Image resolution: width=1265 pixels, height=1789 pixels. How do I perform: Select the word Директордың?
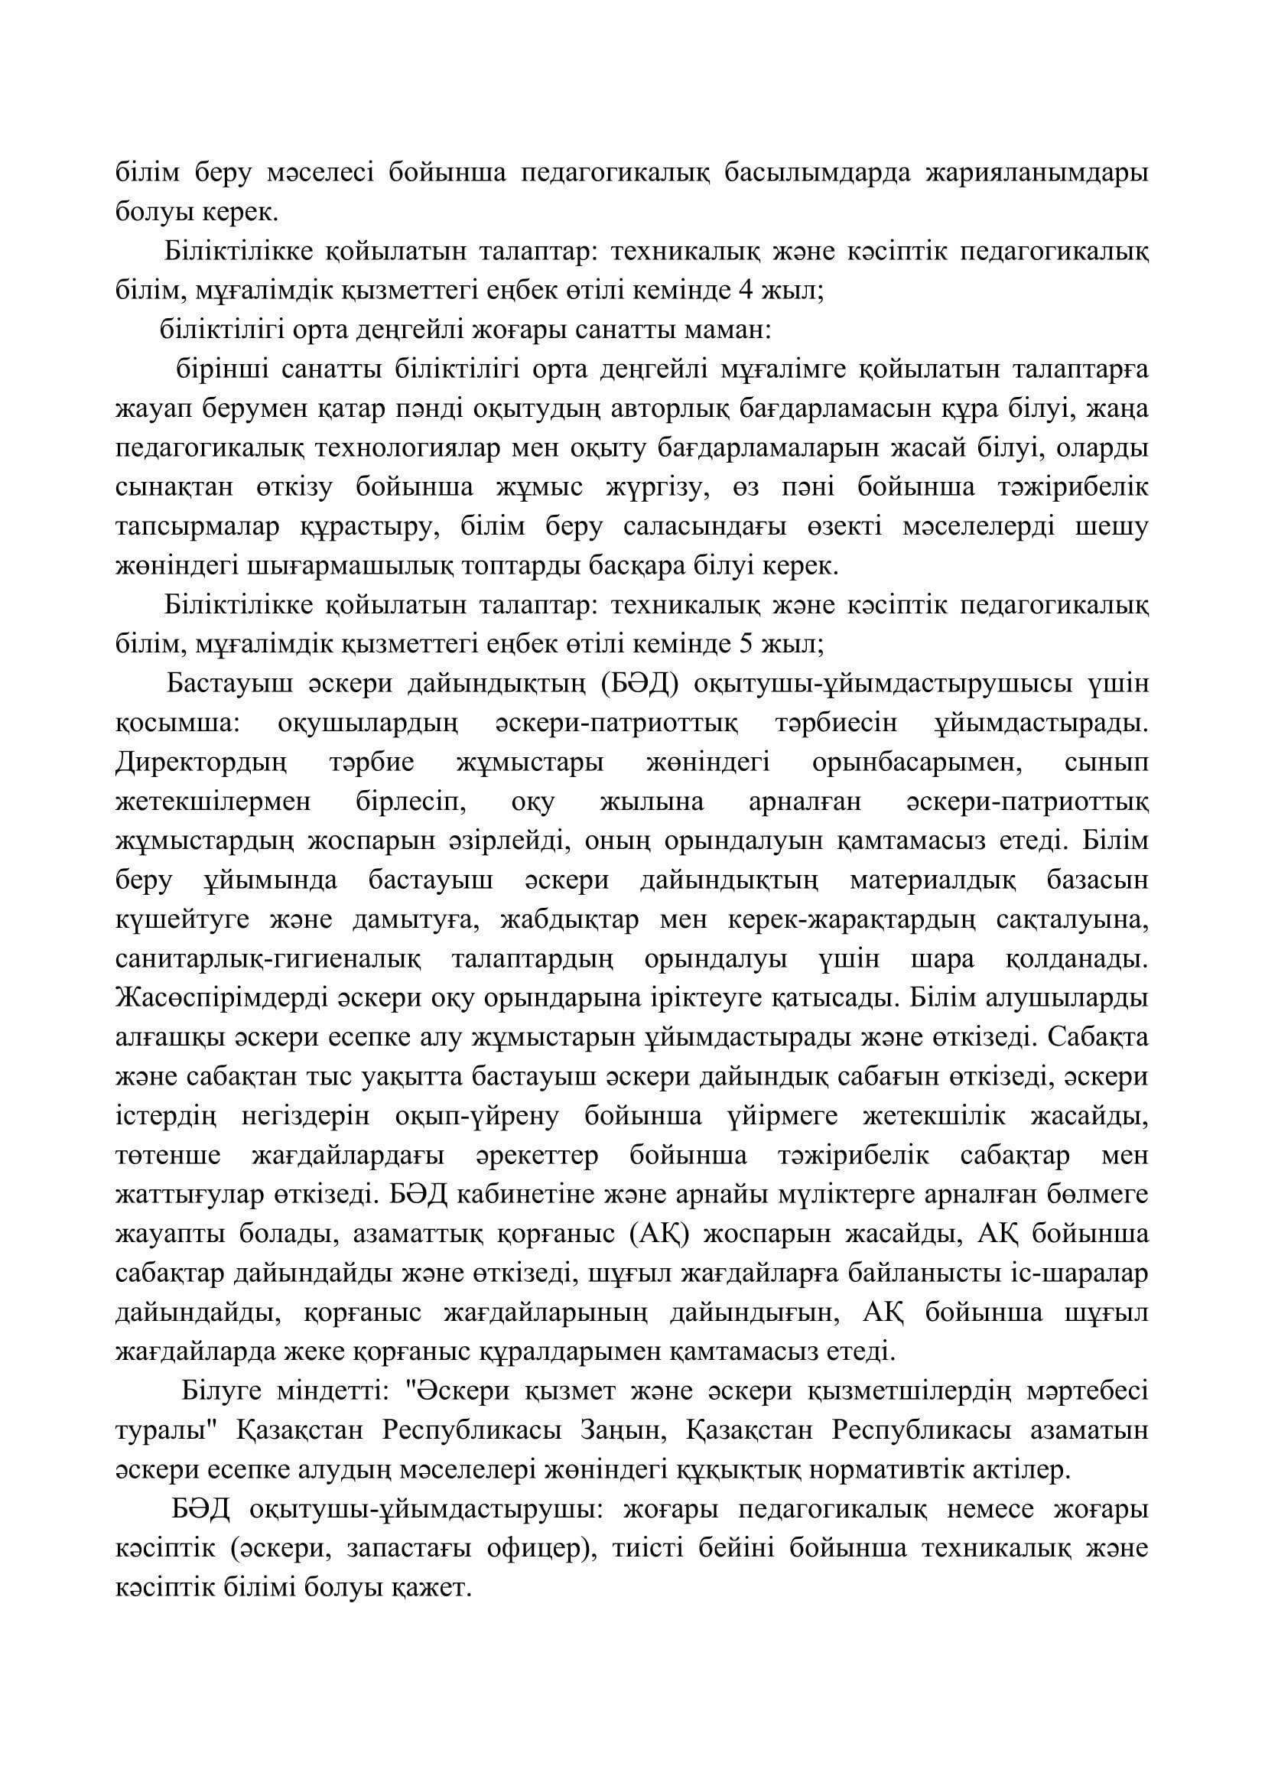pos(201,763)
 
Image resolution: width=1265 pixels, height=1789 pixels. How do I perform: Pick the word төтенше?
pos(167,1155)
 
